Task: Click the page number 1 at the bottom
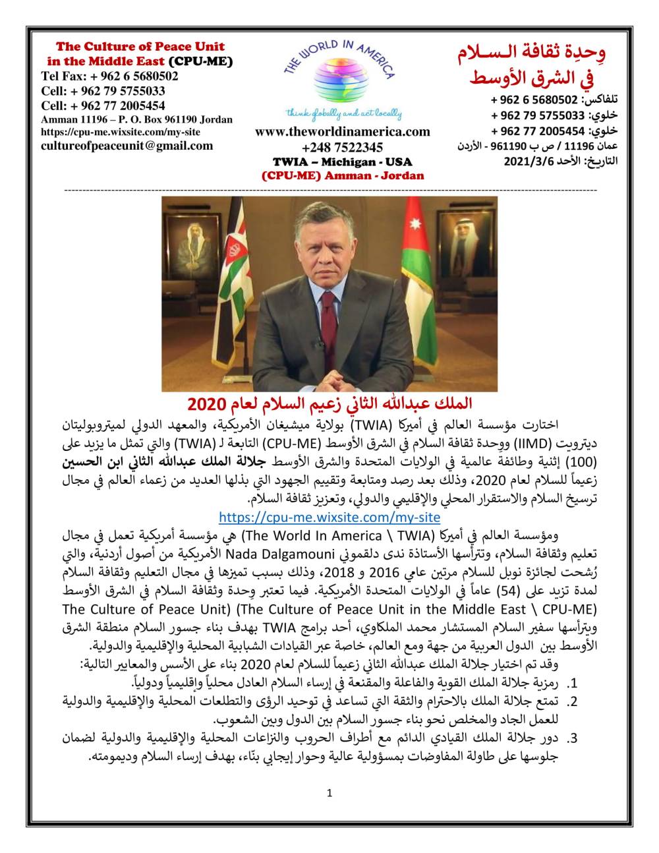point(329,793)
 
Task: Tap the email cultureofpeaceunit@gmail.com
point(127,146)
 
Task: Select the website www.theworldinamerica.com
point(342,132)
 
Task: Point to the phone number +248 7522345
point(342,147)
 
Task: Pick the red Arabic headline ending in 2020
point(329,402)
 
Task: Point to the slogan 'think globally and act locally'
point(342,113)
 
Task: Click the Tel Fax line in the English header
point(109,76)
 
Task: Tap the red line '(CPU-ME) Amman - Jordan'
point(343,175)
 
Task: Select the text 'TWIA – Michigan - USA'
point(342,162)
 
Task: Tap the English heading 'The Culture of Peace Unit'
point(140,47)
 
